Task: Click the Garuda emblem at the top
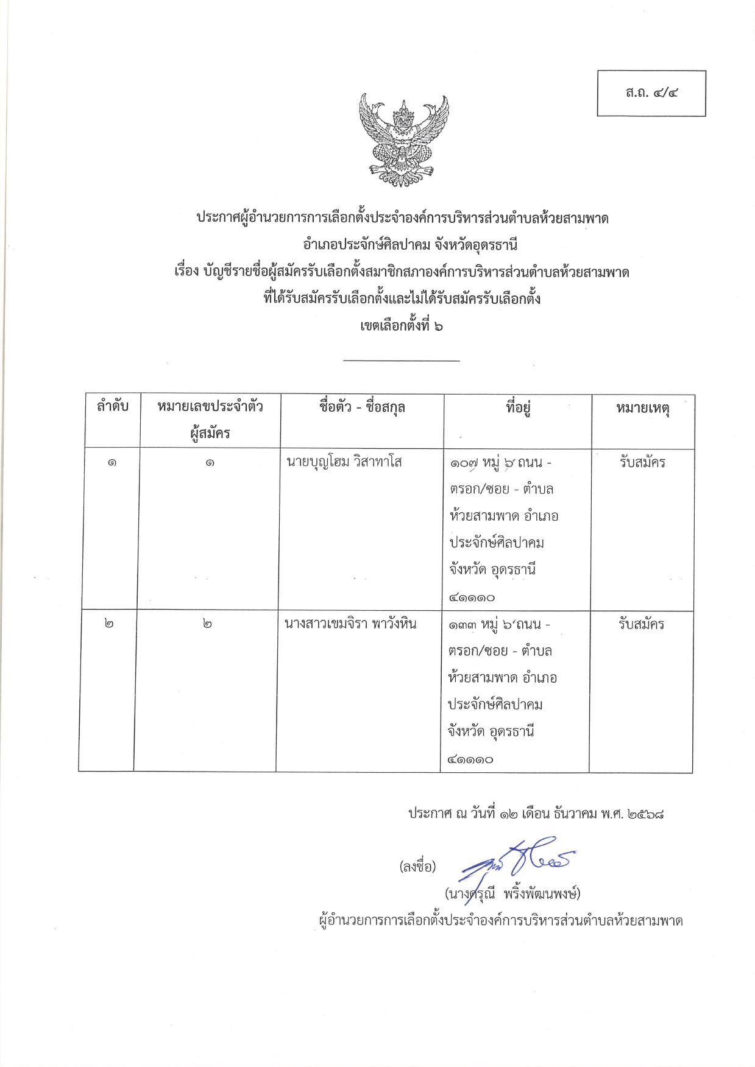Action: click(x=403, y=139)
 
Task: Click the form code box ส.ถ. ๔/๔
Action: click(x=651, y=93)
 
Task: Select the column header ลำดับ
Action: click(x=112, y=406)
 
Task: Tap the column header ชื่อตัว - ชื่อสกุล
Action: click(x=362, y=407)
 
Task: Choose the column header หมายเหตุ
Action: click(x=642, y=408)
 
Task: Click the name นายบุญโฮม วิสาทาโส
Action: click(x=344, y=462)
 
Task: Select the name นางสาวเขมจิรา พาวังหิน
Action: click(x=350, y=624)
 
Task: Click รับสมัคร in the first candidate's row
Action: click(x=642, y=462)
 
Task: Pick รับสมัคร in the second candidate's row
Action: click(x=641, y=624)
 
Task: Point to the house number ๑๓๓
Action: click(x=462, y=625)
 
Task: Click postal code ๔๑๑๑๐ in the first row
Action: click(x=472, y=597)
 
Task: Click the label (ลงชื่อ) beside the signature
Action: click(x=417, y=866)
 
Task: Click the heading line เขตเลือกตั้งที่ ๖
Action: click(x=402, y=326)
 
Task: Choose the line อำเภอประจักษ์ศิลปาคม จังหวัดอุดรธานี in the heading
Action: click(x=410, y=245)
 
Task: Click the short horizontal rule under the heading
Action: click(x=401, y=361)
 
